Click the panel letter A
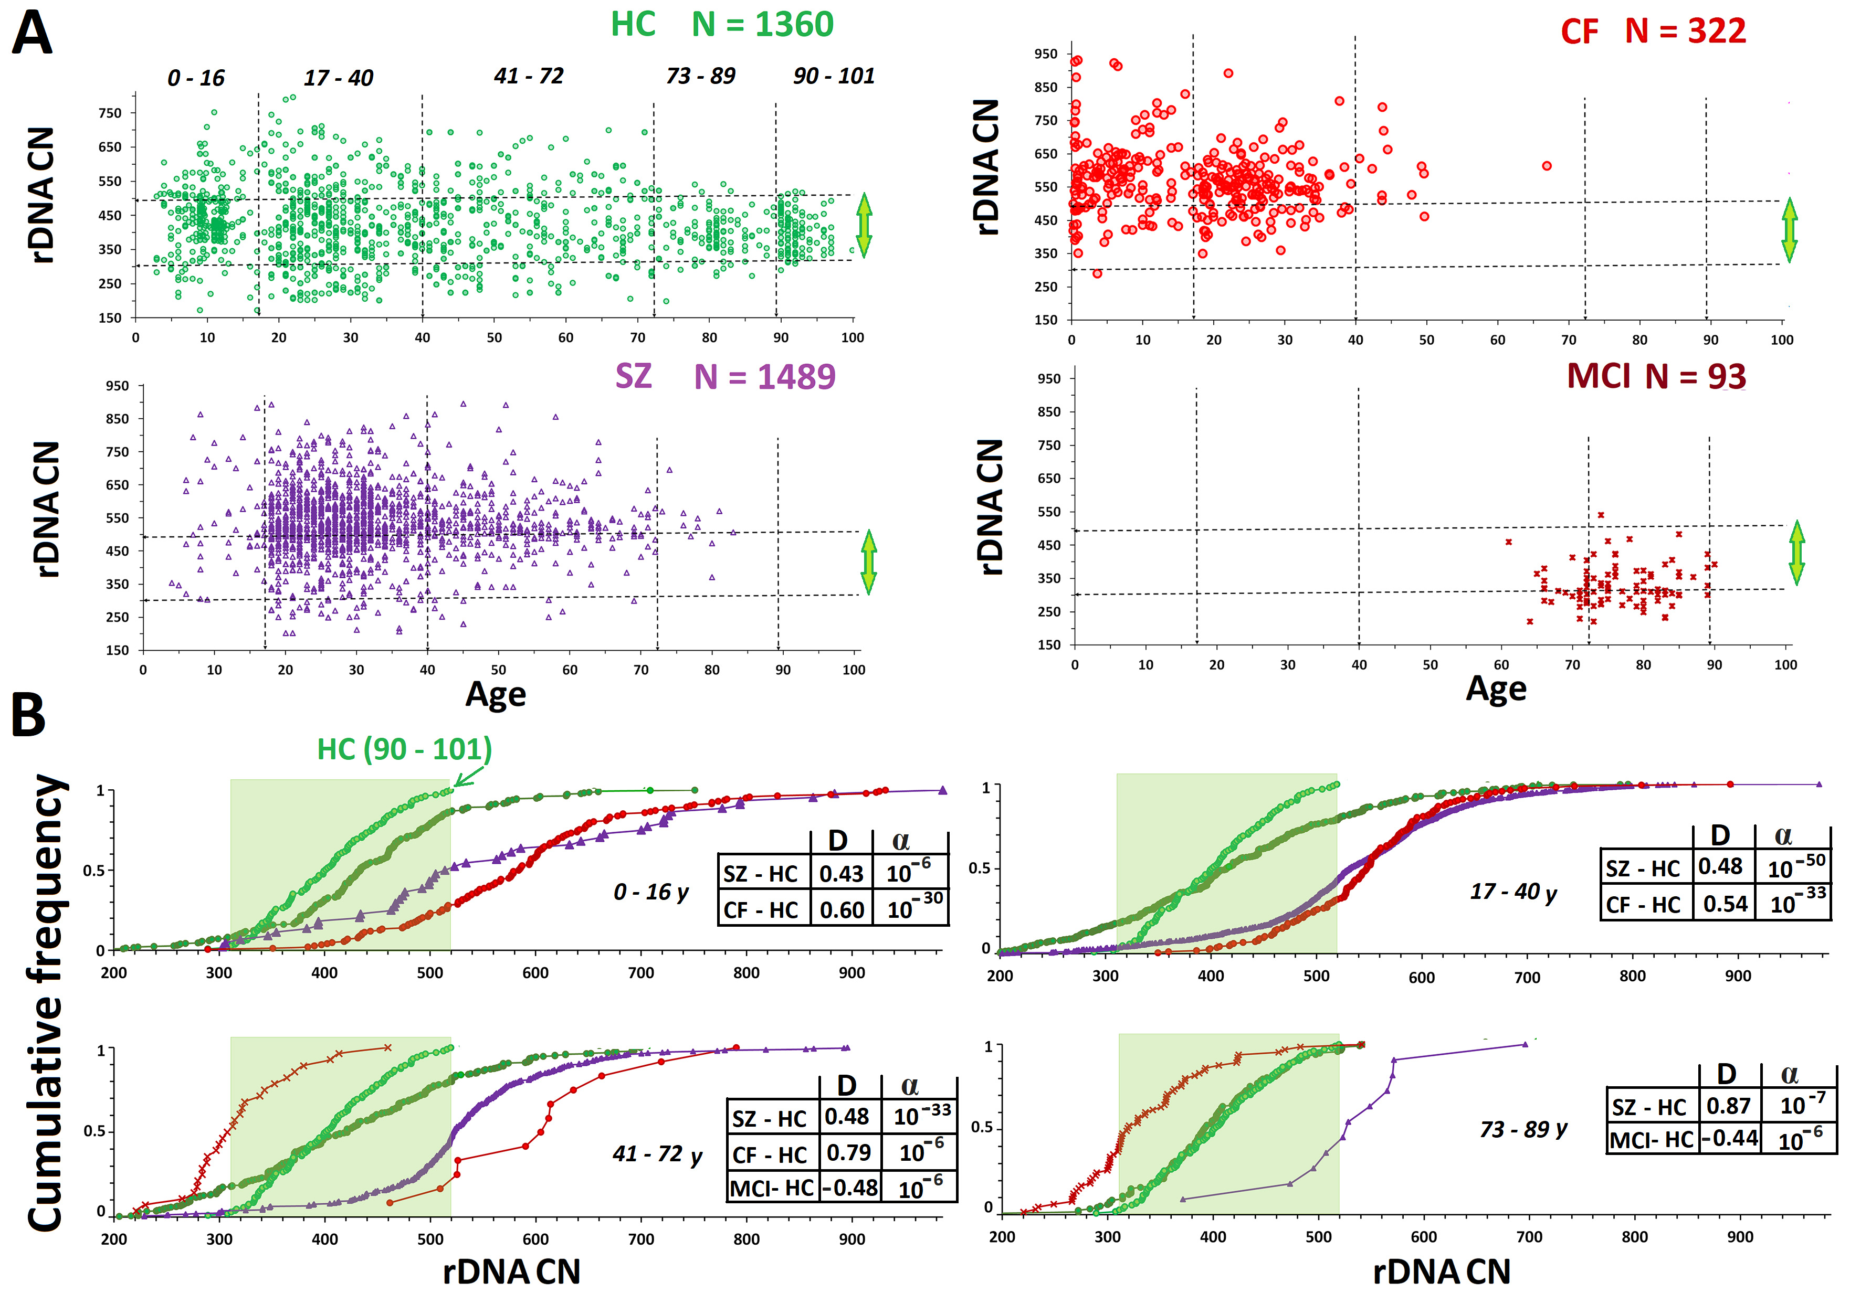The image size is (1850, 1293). pos(32,34)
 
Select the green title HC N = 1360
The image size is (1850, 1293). pos(721,24)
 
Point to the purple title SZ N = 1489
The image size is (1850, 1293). pos(724,376)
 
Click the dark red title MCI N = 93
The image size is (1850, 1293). pos(1655,376)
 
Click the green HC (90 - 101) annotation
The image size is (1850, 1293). pos(404,749)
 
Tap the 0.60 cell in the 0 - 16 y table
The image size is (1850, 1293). pos(841,909)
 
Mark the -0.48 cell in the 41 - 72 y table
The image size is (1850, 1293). pos(850,1188)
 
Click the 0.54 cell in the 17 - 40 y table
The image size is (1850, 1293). pos(1725,904)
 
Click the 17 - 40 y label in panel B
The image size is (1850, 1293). pos(1512,892)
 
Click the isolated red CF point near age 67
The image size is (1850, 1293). pos(1546,166)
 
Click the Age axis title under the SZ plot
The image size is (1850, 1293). pos(496,694)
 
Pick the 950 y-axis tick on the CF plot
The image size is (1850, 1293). pos(1045,54)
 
